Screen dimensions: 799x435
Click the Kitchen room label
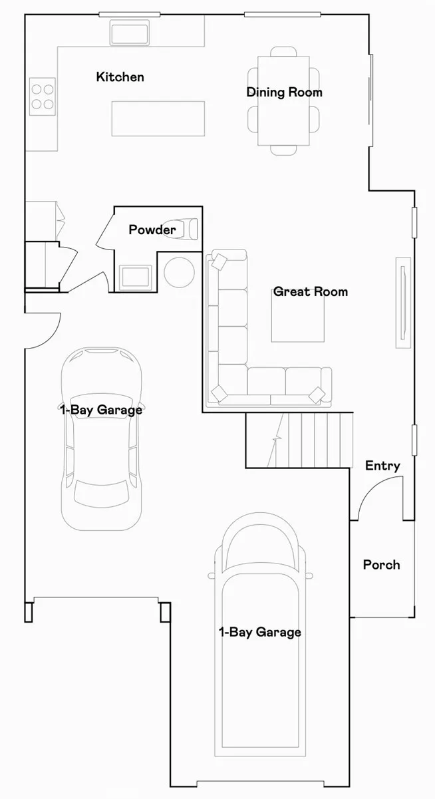coord(120,77)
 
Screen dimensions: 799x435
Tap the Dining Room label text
coord(284,92)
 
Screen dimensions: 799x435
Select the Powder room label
coord(152,230)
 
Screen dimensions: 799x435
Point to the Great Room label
coord(310,291)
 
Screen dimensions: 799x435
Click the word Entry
coord(382,466)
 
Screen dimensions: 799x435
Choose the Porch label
coord(382,565)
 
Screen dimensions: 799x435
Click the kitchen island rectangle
coord(158,118)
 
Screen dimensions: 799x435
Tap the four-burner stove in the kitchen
coord(42,94)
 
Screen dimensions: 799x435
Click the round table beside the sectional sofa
coord(179,272)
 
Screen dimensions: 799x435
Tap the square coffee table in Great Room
coord(298,317)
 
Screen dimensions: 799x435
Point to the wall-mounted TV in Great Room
coord(402,302)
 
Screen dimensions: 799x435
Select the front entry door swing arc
coord(375,499)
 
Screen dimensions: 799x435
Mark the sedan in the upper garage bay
coord(101,439)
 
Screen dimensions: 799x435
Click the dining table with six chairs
coord(283,100)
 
